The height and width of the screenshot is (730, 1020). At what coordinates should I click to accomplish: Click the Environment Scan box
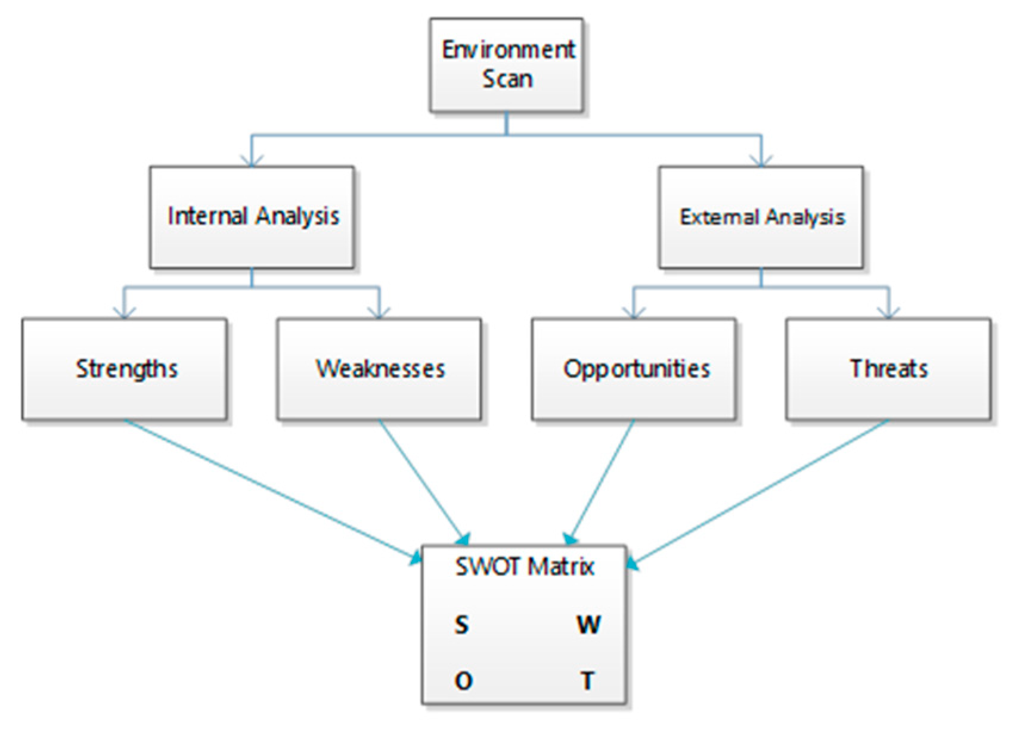point(506,64)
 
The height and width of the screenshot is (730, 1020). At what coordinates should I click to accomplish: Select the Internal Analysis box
point(252,217)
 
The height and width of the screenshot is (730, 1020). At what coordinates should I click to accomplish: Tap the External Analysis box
point(761,217)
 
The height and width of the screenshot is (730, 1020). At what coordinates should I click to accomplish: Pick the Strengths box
point(125,369)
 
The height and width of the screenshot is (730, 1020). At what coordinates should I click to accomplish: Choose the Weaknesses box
point(379,369)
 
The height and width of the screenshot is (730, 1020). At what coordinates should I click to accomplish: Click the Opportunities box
point(634,369)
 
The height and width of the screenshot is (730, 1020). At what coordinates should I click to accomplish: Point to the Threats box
point(888,369)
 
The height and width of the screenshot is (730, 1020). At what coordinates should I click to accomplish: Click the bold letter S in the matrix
point(462,625)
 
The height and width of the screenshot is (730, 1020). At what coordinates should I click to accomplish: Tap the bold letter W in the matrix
point(588,625)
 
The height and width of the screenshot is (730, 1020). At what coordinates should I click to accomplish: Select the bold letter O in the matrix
point(463,680)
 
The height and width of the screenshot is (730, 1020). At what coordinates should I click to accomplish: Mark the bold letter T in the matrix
point(588,680)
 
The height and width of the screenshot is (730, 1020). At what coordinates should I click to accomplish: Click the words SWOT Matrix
point(525,566)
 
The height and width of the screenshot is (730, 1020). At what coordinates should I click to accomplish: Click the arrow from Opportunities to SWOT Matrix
point(602,480)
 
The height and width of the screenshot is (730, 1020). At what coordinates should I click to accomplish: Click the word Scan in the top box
point(507,79)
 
